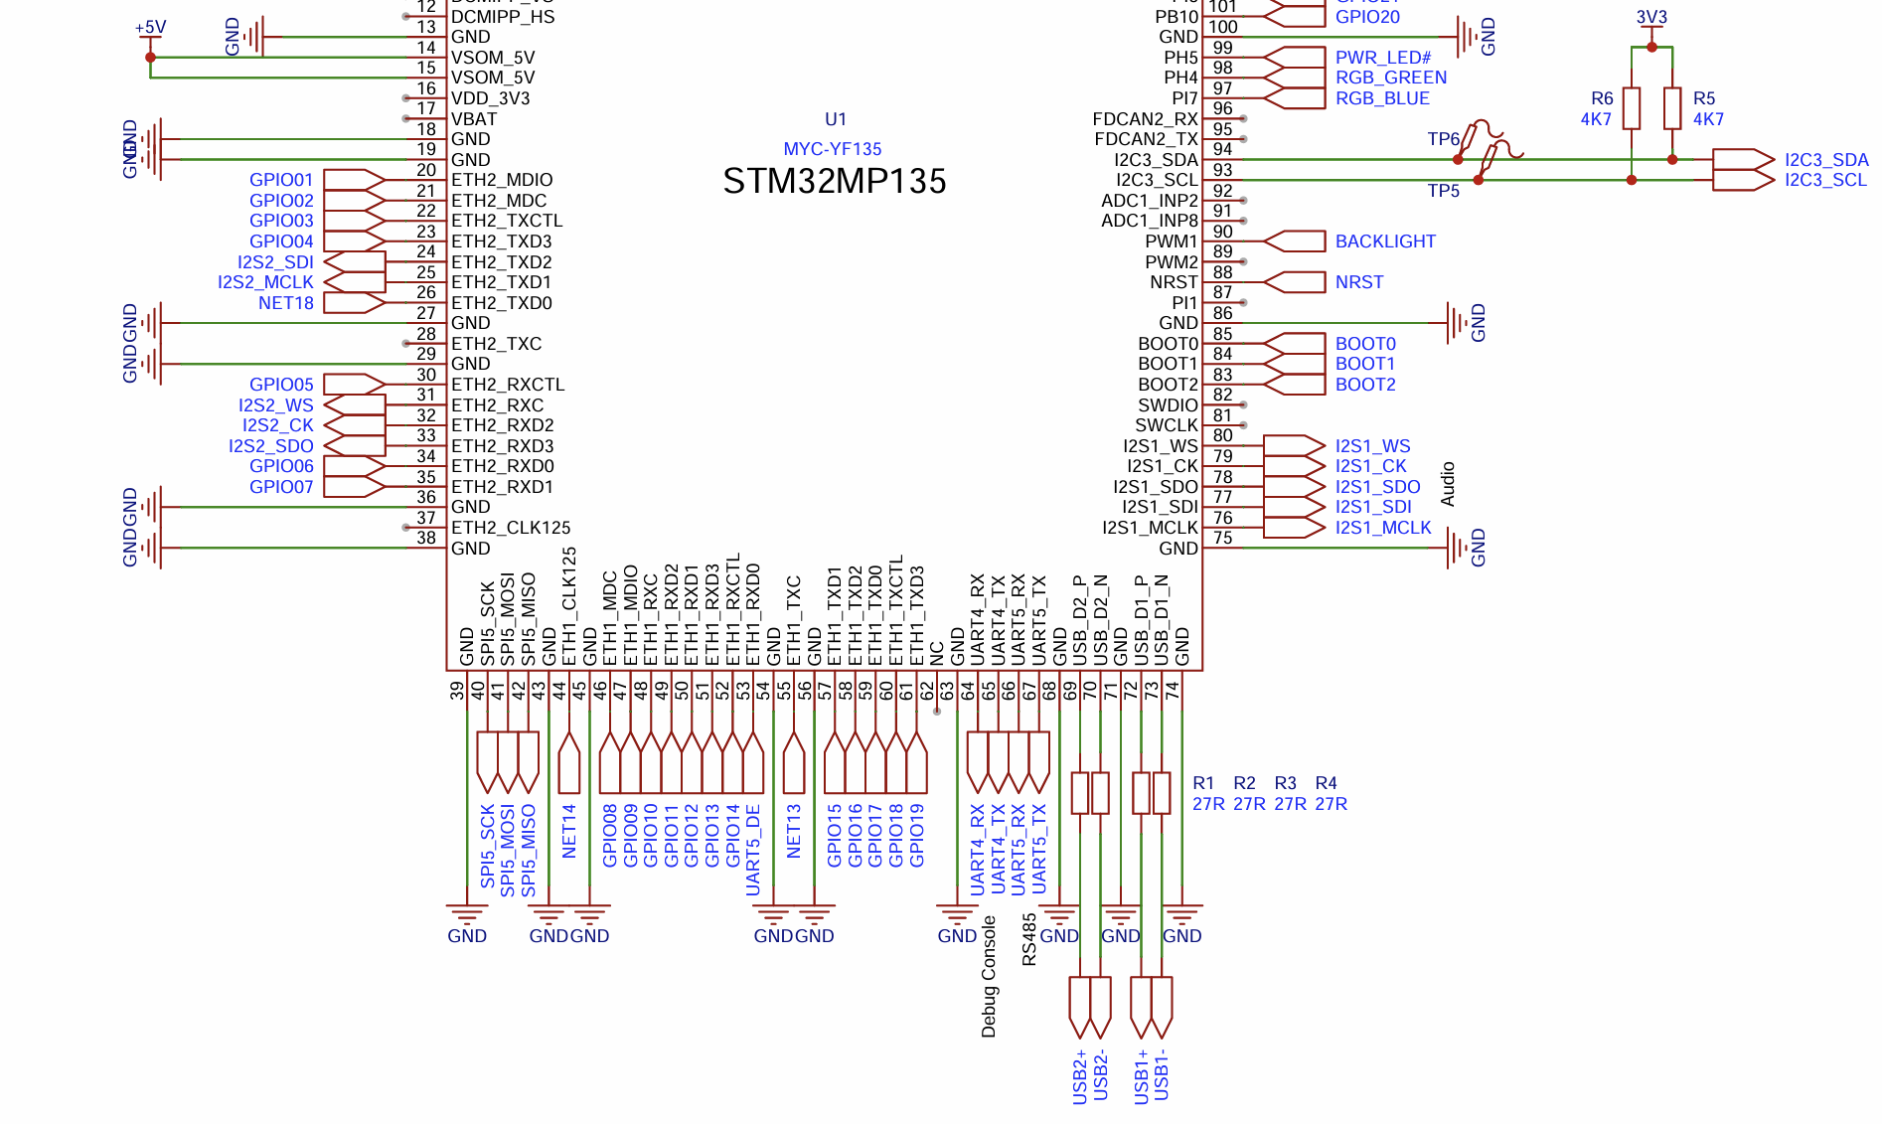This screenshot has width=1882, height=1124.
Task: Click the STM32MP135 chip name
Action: coord(834,182)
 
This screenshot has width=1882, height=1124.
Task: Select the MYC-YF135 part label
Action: coord(832,149)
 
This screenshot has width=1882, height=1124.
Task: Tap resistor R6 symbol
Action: coord(1631,108)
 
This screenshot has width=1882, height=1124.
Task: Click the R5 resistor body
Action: coord(1672,108)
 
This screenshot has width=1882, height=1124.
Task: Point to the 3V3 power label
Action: coord(1651,18)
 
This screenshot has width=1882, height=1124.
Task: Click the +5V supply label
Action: coord(150,27)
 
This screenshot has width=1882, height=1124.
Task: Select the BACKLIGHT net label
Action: coord(1384,241)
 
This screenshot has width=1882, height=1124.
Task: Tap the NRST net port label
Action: coord(1358,282)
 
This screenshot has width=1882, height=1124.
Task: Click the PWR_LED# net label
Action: coord(1382,58)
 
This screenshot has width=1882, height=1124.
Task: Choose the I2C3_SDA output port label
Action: coord(1825,160)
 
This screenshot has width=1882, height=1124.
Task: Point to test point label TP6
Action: coord(1443,139)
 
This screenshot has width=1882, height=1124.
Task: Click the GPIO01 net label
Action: coord(281,180)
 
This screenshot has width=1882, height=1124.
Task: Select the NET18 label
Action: coord(285,303)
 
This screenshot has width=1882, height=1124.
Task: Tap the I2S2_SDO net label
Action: coord(270,446)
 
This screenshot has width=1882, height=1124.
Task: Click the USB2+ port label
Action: coord(1080,1076)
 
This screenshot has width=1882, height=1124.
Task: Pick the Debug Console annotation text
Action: coord(989,977)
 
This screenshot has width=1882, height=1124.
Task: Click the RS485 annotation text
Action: coord(1028,939)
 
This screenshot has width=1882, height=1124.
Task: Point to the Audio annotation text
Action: coord(1448,484)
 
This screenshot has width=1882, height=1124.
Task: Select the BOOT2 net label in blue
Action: coord(1364,385)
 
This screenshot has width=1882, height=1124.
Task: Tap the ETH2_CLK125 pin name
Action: coord(511,528)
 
